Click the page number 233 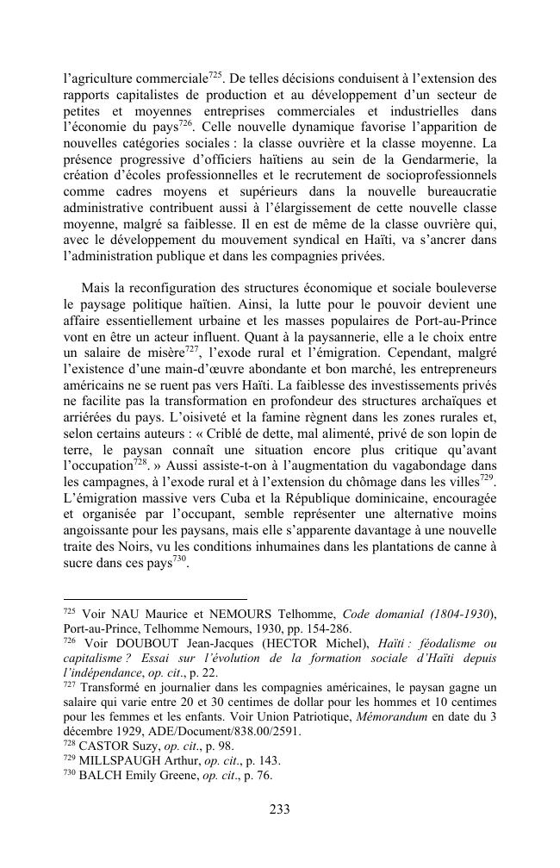click(x=279, y=809)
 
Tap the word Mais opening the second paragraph click(x=95, y=287)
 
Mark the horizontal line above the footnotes click(x=155, y=598)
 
